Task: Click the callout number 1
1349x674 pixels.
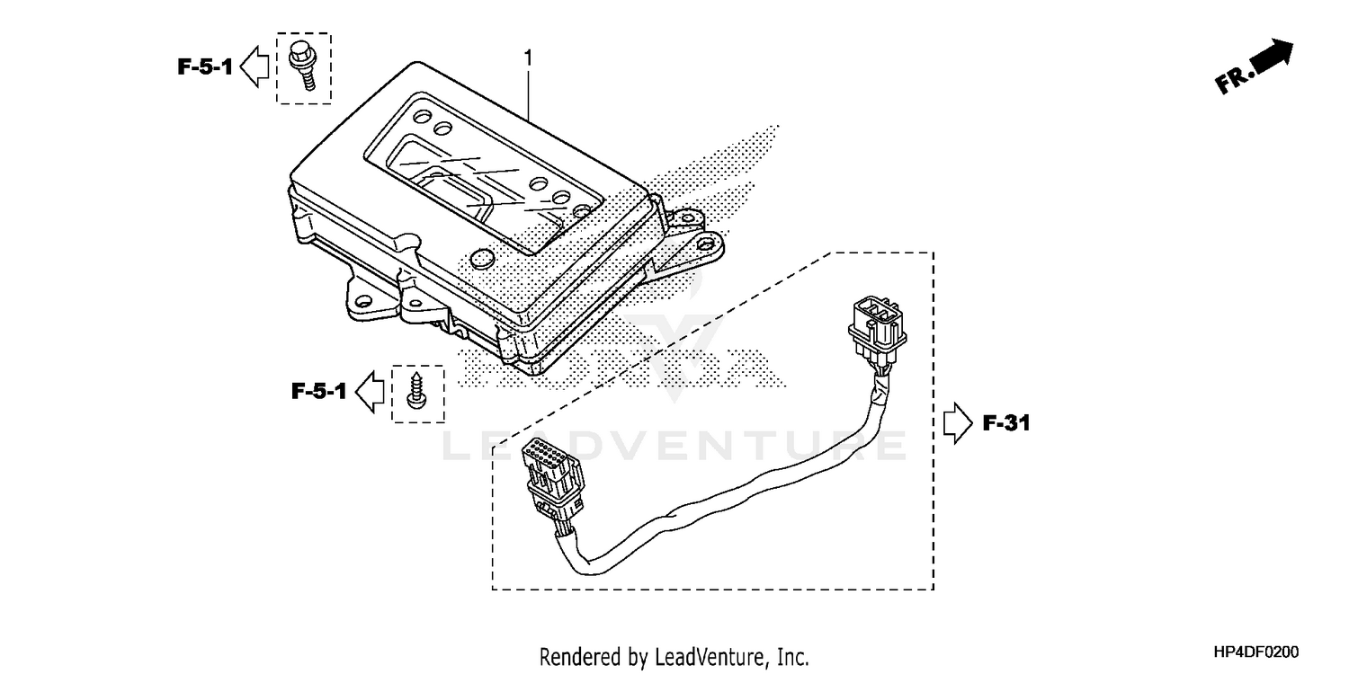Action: (529, 58)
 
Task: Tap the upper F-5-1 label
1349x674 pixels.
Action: (205, 67)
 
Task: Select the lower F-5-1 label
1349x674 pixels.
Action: (318, 391)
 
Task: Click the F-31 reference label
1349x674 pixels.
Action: (1005, 423)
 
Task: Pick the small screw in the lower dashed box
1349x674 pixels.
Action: (417, 393)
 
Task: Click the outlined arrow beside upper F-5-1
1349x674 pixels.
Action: (257, 67)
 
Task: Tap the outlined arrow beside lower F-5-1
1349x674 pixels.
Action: (371, 392)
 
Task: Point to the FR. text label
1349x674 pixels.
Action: (1235, 81)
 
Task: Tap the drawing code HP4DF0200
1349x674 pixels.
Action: (1255, 652)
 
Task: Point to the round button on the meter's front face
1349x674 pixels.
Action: (482, 260)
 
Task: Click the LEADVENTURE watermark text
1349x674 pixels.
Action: (674, 447)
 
